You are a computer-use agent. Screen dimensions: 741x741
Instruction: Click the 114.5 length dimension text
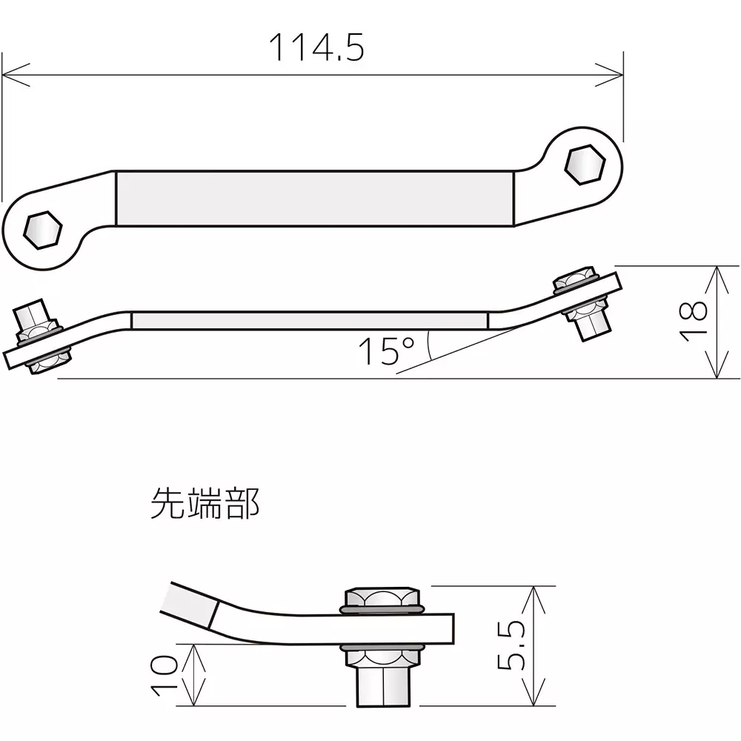[x=316, y=47]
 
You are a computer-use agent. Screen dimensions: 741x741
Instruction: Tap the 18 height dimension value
[x=694, y=322]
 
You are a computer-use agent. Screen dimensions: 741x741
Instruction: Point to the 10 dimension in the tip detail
[x=165, y=675]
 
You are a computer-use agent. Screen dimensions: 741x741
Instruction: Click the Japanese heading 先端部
[x=205, y=503]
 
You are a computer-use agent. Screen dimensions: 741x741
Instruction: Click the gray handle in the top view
[x=315, y=199]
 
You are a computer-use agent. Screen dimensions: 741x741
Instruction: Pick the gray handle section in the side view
[x=309, y=320]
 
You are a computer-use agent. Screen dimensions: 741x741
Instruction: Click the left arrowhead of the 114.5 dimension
[x=12, y=74]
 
